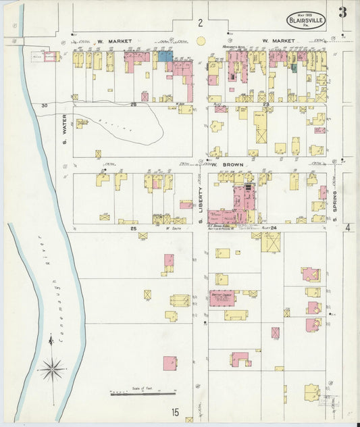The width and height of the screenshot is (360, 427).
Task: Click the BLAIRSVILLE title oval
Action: pos(306,21)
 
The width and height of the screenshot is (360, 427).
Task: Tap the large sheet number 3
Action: pos(342,12)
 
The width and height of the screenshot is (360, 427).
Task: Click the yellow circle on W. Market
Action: pos(200,41)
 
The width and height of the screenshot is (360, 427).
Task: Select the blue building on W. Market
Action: pos(165,57)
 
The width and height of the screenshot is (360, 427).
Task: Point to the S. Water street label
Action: pos(65,131)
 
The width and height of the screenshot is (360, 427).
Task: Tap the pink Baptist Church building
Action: pos(222,298)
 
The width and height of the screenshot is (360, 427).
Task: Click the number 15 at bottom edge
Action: pos(175,412)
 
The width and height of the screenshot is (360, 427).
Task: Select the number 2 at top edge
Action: pos(200,23)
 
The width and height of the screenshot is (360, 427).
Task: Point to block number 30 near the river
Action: pos(45,105)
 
